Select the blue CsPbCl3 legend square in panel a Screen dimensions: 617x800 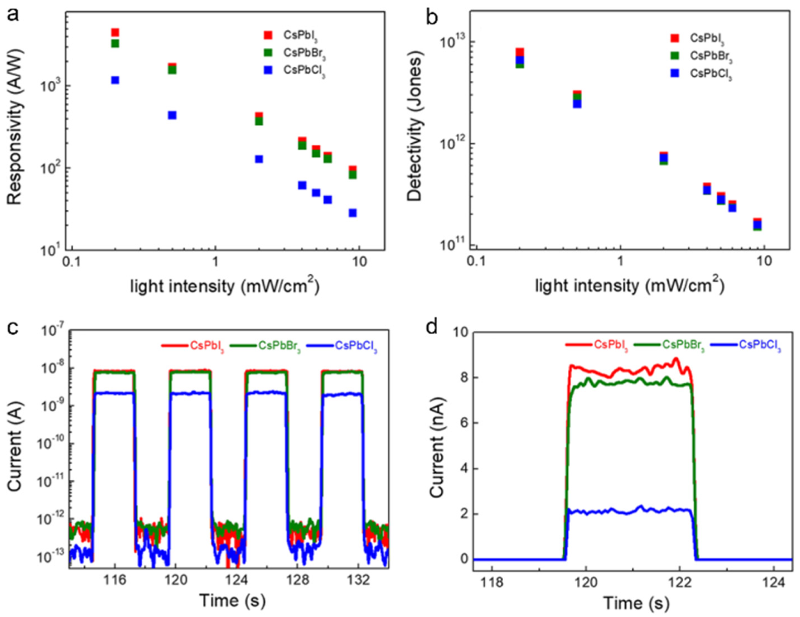(x=268, y=70)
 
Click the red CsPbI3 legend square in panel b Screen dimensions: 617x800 (x=675, y=38)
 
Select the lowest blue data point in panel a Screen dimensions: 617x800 (x=352, y=213)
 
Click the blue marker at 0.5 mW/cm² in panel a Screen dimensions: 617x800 (x=172, y=115)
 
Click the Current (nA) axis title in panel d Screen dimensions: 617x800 (x=436, y=446)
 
